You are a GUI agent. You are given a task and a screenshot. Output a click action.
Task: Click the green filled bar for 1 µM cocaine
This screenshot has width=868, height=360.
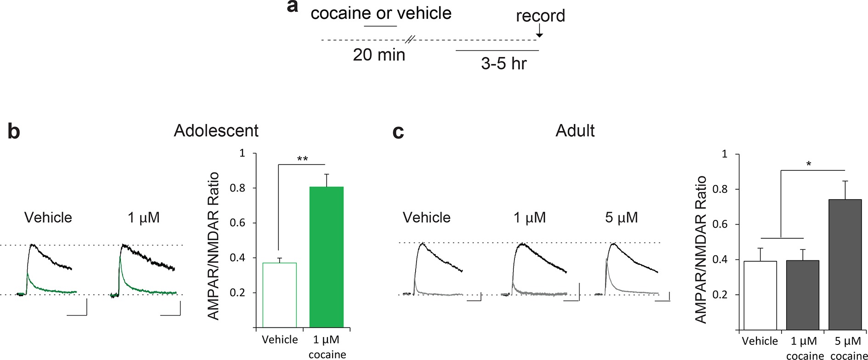click(x=327, y=257)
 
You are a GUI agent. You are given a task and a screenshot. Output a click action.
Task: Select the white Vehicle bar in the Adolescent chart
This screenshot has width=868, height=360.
click(x=279, y=295)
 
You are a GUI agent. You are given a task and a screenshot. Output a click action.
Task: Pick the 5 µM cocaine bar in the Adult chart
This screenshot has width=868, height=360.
click(x=845, y=264)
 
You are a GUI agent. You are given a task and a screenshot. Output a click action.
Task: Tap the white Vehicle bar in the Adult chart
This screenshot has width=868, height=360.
click(x=760, y=295)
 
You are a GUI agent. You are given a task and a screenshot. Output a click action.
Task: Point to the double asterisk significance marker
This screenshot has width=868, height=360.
click(x=302, y=159)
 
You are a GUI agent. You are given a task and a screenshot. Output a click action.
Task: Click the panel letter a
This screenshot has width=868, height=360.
click(x=293, y=6)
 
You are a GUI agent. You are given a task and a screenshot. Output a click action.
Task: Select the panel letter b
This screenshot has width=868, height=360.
click(x=14, y=131)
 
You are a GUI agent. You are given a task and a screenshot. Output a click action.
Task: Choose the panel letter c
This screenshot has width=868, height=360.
click(x=398, y=131)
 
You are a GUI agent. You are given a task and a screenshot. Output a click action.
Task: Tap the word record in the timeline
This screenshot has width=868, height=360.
click(x=540, y=16)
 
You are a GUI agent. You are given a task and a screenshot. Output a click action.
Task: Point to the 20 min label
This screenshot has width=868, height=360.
click(x=379, y=55)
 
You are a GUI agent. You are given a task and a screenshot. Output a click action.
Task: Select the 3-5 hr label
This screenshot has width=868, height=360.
click(x=504, y=63)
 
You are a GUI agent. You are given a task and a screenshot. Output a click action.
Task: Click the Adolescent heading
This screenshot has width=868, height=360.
click(x=216, y=131)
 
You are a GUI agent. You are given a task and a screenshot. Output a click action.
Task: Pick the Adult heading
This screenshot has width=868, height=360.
click(x=575, y=131)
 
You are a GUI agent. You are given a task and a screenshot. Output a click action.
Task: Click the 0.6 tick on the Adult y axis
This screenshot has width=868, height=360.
click(x=720, y=224)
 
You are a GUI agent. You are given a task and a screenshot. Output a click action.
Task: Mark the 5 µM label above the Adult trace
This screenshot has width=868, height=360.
click(x=621, y=217)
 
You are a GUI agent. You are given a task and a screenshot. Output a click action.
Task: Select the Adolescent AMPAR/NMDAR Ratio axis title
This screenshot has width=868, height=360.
click(x=214, y=246)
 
